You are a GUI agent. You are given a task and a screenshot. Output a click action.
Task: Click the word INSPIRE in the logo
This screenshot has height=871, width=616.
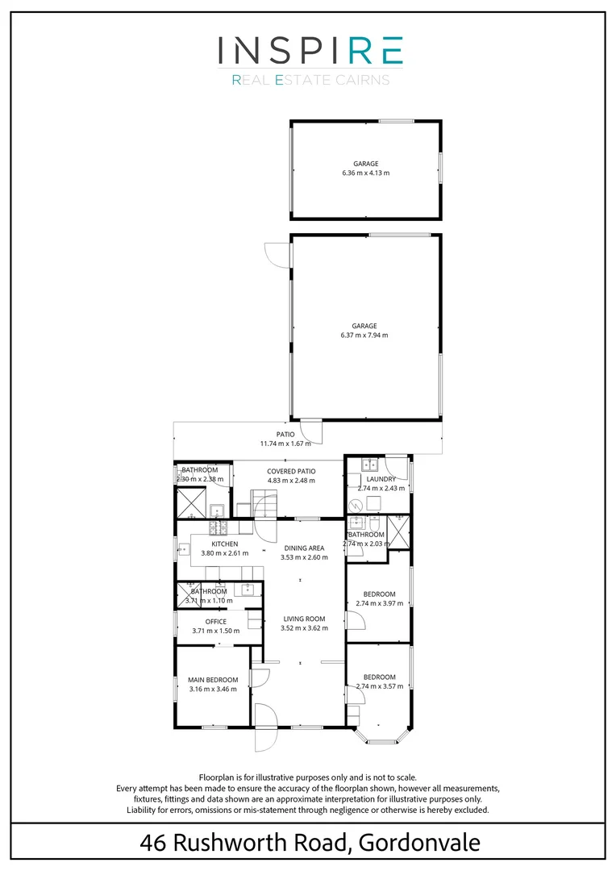tap(310, 50)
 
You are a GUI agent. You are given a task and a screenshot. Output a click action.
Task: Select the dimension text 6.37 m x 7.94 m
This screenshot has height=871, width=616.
tap(365, 335)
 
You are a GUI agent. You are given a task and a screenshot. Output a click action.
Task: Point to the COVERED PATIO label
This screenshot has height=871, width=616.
tap(291, 471)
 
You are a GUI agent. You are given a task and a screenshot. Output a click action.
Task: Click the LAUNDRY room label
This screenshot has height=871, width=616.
tap(381, 479)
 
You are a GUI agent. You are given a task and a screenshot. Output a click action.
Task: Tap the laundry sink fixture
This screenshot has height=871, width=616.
tap(370, 465)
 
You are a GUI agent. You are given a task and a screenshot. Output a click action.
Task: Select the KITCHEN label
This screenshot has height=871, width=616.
tap(225, 544)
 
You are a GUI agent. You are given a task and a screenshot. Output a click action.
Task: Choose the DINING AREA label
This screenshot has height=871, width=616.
tap(304, 548)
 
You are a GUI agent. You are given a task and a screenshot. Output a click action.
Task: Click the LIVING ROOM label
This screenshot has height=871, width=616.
tap(304, 619)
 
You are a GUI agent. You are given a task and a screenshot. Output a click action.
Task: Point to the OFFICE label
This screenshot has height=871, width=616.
tap(215, 622)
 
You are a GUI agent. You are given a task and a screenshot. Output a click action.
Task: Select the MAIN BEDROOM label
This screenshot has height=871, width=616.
tap(213, 680)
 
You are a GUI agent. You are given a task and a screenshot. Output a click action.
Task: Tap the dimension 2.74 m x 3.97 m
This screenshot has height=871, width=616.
tap(379, 604)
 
